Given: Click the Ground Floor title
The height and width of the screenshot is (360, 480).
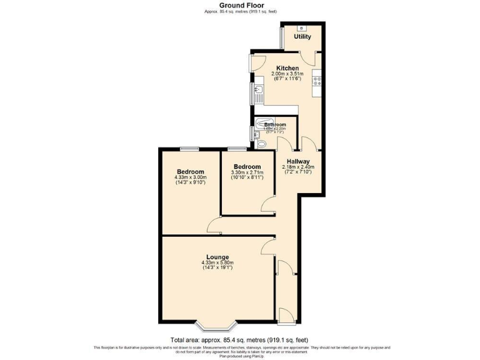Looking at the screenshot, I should pos(240,5).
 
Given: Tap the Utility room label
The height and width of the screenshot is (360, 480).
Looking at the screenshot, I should pos(302,37).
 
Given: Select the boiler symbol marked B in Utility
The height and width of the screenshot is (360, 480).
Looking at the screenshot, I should pos(302,28).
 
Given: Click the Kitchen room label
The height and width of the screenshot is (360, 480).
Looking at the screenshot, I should pos(287,68).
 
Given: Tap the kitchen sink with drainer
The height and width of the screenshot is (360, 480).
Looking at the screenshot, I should pos(257,94).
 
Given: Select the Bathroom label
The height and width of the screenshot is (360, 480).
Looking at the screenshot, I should pos(275,125).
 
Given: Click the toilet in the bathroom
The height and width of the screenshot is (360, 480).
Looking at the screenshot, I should pos(261,144).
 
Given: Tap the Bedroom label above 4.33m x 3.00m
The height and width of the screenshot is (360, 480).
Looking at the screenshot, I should pos(190,172).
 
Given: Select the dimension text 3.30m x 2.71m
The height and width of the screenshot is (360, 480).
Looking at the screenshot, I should pos(247,172).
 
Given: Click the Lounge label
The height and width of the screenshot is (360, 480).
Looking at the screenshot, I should pos(217,257).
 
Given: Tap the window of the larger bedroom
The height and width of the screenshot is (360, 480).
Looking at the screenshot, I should pos(190,149).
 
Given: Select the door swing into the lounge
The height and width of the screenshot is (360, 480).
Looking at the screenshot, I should pos(267,245).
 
